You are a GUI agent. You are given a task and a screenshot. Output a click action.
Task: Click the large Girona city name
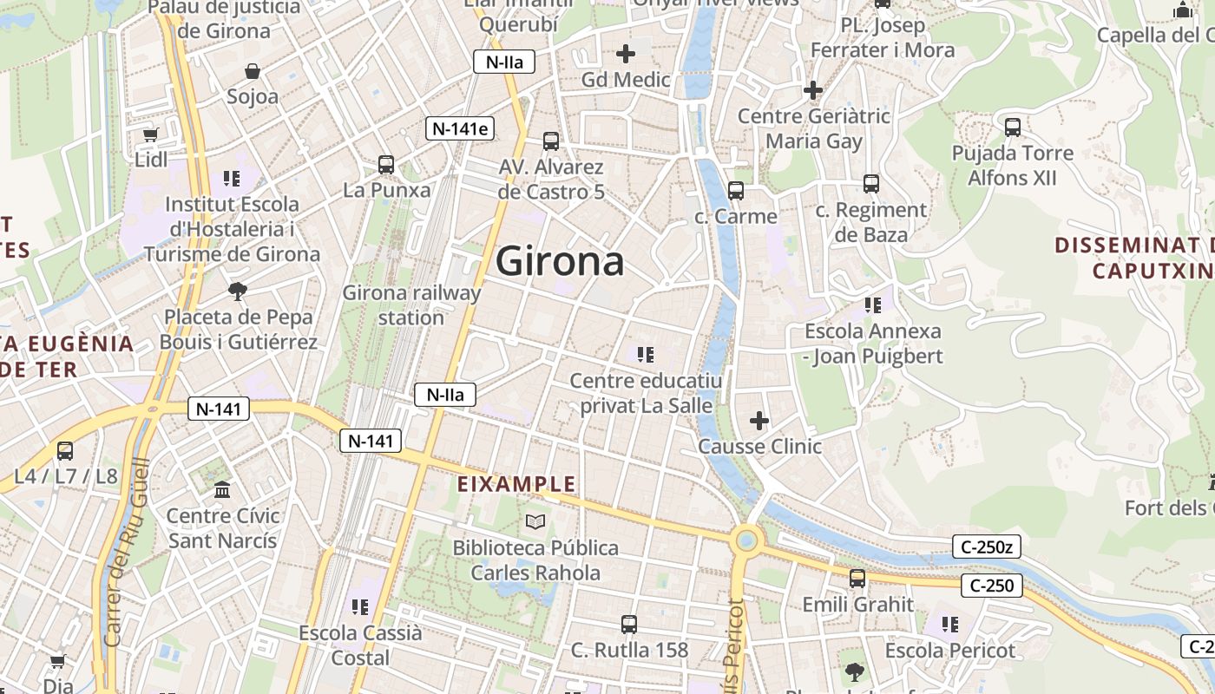coord(560,261)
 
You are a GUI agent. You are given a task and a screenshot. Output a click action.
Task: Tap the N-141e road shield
coord(461,129)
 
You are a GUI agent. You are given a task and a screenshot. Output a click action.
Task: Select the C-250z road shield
coord(987,547)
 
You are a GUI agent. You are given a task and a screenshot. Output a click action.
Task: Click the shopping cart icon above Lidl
coord(151,134)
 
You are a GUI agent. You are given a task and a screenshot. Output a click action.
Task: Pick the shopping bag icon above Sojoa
coord(253,70)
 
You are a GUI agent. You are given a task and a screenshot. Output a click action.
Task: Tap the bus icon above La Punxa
coord(386,164)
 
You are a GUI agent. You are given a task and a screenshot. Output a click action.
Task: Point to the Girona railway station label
coord(411,304)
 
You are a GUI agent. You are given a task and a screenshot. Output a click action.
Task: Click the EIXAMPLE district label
coord(516,484)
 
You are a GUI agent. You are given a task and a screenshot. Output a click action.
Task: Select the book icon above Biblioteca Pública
coord(535,521)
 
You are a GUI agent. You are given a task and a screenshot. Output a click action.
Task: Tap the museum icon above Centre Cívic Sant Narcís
coord(223,490)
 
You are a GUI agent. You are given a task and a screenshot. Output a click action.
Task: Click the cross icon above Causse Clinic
coord(759,421)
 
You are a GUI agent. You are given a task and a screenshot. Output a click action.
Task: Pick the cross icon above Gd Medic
coord(625,54)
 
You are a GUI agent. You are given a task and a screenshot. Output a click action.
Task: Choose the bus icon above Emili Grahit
coord(857,578)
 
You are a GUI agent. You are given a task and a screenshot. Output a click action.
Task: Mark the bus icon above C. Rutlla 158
coord(629,624)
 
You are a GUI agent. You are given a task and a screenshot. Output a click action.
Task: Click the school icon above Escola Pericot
coord(949,624)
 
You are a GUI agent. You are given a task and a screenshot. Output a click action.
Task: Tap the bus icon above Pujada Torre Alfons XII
coord(1013,128)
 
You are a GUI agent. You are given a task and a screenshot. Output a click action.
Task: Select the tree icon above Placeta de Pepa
coord(237,291)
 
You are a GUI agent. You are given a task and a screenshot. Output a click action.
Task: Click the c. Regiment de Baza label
coord(870,222)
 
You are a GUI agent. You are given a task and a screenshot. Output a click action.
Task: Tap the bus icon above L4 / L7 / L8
coord(65,450)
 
